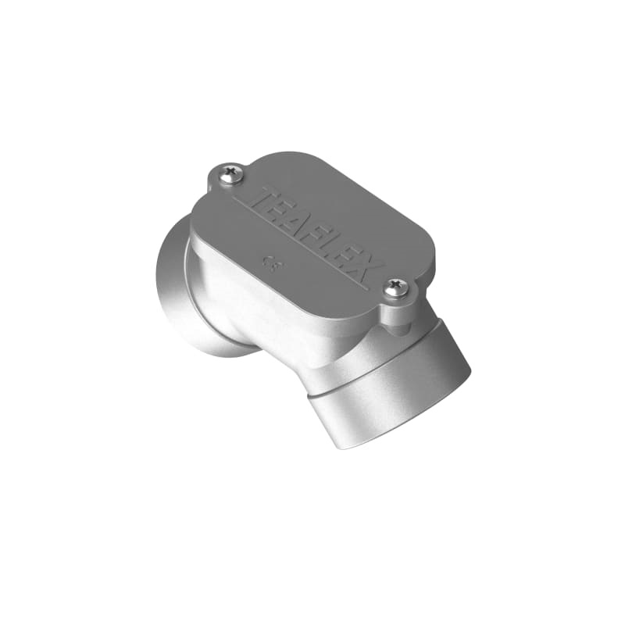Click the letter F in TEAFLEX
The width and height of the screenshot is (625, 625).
pos(319,237)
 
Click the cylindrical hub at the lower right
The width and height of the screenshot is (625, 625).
pos(391,398)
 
